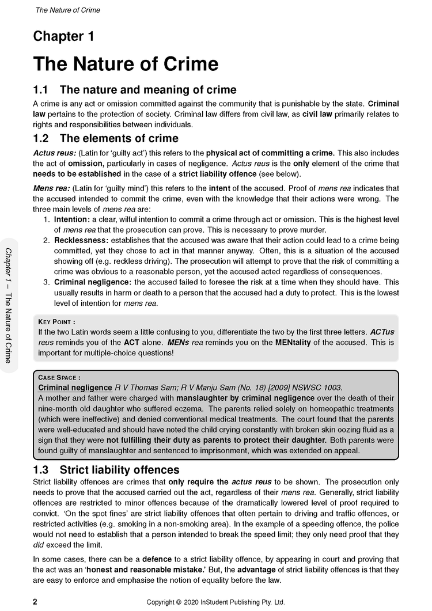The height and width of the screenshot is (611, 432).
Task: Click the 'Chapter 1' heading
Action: point(63,37)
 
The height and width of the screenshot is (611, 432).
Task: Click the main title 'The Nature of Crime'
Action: point(126,64)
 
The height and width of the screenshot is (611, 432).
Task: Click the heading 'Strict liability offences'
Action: point(119,470)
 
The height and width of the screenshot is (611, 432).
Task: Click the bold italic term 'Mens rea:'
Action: point(52,188)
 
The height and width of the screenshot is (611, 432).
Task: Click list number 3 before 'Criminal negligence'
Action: point(47,282)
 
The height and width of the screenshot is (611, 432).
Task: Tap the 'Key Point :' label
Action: point(56,322)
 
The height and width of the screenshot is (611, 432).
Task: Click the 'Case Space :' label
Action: point(59,378)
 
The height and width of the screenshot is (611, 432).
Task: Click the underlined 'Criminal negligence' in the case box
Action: point(75,388)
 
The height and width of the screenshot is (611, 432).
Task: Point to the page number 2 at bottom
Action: point(35,602)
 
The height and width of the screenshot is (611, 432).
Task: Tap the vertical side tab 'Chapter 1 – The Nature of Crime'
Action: point(9,305)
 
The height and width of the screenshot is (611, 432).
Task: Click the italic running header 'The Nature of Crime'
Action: point(68,10)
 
